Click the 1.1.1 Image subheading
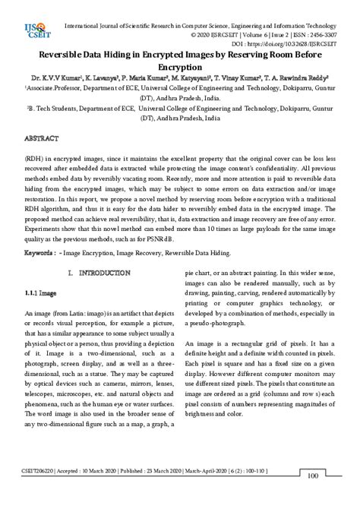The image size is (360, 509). pyautogui.click(x=40, y=292)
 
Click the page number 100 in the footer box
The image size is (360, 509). pyautogui.click(x=311, y=497)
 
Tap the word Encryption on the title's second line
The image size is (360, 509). pyautogui.click(x=180, y=67)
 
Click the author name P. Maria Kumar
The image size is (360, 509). pyautogui.click(x=153, y=77)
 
